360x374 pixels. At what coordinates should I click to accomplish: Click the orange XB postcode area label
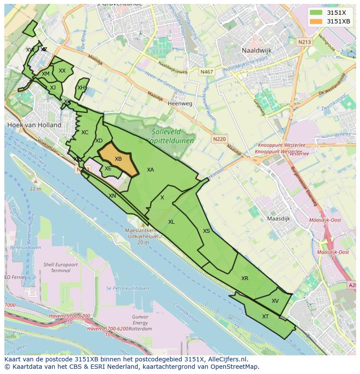pyautogui.click(x=118, y=159)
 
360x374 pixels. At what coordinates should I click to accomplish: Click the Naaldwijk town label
pyautogui.click(x=257, y=50)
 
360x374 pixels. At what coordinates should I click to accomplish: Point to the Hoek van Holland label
pyautogui.click(x=34, y=125)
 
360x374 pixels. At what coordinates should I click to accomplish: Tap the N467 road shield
pyautogui.click(x=207, y=72)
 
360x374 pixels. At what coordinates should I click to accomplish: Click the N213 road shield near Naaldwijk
pyautogui.click(x=304, y=42)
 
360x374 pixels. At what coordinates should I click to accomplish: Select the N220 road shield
pyautogui.click(x=220, y=139)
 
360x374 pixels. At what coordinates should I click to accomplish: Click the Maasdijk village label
pyautogui.click(x=278, y=218)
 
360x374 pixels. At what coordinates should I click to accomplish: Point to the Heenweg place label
pyautogui.click(x=180, y=104)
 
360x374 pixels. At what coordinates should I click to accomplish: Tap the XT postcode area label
pyautogui.click(x=265, y=317)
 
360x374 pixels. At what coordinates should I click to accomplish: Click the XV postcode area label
pyautogui.click(x=275, y=301)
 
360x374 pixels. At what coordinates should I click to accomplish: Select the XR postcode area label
pyautogui.click(x=245, y=278)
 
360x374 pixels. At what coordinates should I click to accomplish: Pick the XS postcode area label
pyautogui.click(x=207, y=231)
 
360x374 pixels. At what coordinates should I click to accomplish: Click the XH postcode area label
pyautogui.click(x=81, y=88)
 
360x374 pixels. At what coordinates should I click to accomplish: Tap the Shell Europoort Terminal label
pyautogui.click(x=60, y=267)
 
